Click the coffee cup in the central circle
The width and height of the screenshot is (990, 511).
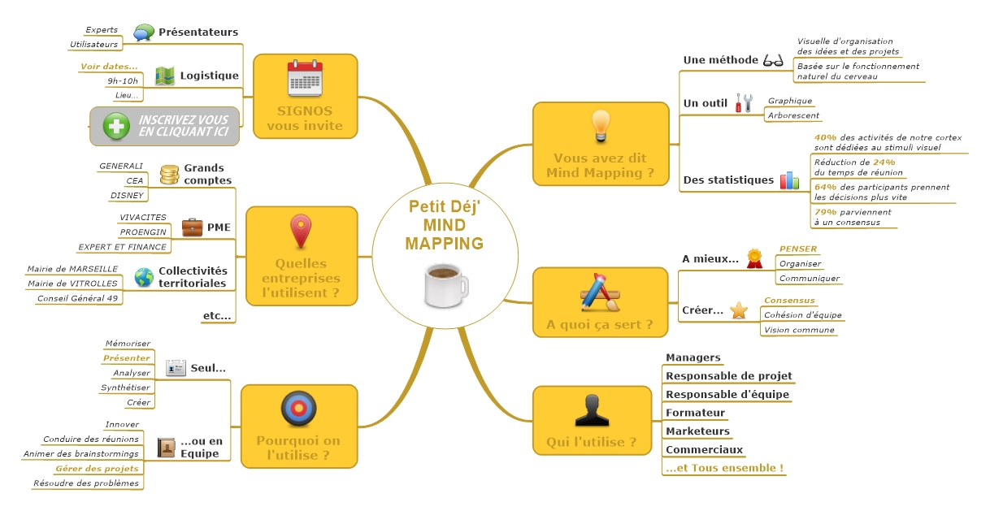tap(445, 285)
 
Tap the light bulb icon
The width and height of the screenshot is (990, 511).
tap(600, 125)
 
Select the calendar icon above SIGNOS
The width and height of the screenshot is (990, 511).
tap(305, 79)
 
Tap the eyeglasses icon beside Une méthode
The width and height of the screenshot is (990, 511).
tap(772, 60)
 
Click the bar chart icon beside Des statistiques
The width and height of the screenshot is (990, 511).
tap(789, 180)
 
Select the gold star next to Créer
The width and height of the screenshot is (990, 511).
tap(738, 310)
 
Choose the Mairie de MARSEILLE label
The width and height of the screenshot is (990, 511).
tap(72, 269)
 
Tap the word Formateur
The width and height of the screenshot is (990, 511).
tap(695, 413)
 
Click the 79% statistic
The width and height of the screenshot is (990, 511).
tap(825, 211)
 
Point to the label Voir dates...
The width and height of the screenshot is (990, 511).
tap(109, 66)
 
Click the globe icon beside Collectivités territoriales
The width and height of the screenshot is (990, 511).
tap(144, 277)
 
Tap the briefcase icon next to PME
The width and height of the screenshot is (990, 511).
tap(192, 227)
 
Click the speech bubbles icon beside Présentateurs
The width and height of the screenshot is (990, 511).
tap(144, 32)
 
